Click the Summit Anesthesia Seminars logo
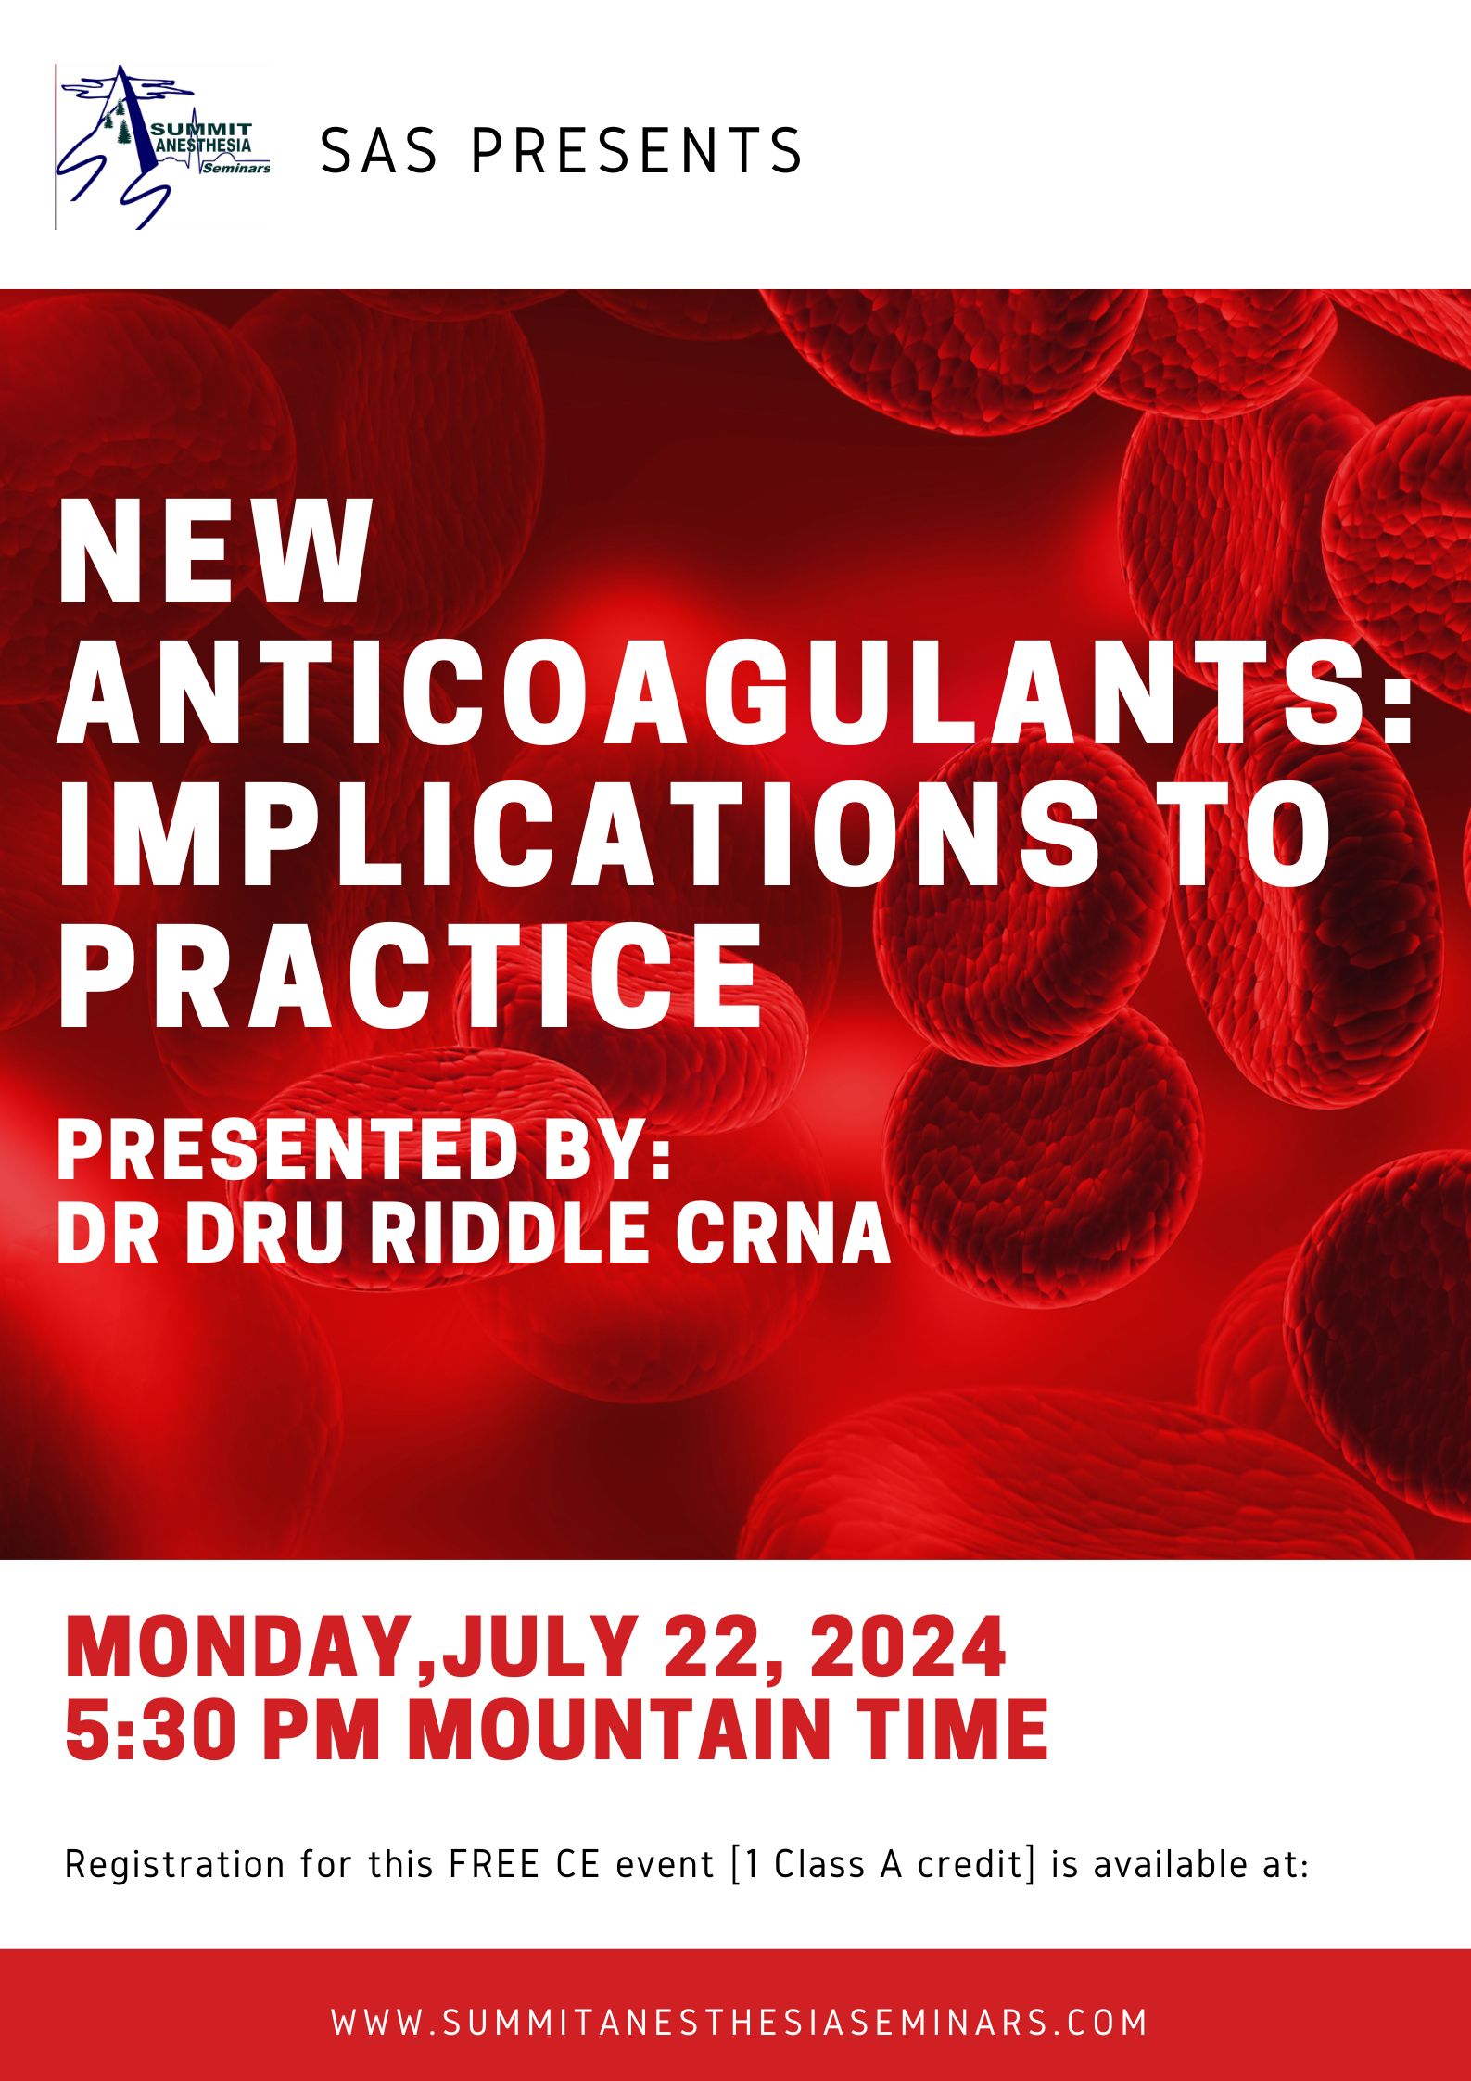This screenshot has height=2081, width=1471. [x=163, y=146]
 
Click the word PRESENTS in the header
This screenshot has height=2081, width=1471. [x=638, y=151]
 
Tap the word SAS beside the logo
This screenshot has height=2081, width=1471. [x=379, y=151]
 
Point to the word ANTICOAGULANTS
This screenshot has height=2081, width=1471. [x=737, y=692]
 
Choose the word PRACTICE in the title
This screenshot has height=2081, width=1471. [x=410, y=976]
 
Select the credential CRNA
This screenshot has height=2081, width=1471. [x=783, y=1233]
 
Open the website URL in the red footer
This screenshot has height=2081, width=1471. [x=739, y=2022]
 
